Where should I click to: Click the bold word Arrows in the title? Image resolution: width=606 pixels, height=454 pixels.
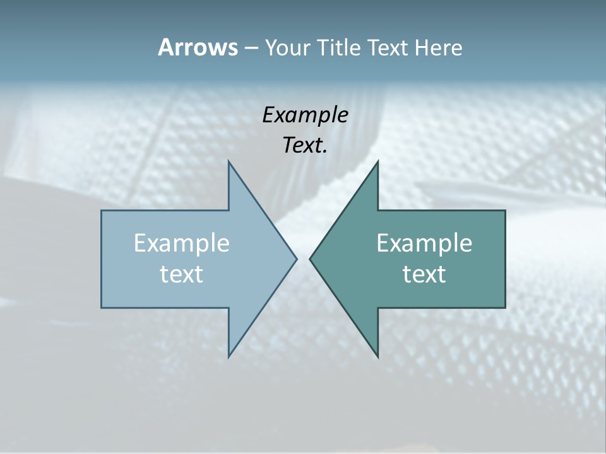click(198, 47)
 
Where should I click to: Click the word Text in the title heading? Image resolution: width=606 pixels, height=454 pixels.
click(387, 47)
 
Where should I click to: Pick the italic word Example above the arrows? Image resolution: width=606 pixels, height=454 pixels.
click(305, 115)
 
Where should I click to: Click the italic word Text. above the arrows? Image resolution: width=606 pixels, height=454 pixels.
click(305, 145)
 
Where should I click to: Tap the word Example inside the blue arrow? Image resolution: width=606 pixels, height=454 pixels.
click(182, 243)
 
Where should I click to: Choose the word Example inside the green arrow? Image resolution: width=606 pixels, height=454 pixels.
click(424, 243)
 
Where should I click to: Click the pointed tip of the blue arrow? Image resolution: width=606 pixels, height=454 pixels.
click(296, 259)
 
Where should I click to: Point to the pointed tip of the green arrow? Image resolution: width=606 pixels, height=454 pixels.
click(310, 259)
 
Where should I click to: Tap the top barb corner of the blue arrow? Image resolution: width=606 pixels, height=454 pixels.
click(229, 162)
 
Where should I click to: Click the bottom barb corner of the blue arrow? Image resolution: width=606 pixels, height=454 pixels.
click(229, 356)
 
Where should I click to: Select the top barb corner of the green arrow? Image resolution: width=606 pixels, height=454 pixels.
click(377, 162)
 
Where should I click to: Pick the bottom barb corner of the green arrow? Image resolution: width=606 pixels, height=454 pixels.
click(377, 356)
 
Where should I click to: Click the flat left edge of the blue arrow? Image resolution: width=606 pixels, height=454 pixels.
click(102, 259)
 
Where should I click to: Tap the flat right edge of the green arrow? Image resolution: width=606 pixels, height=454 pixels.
click(505, 259)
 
